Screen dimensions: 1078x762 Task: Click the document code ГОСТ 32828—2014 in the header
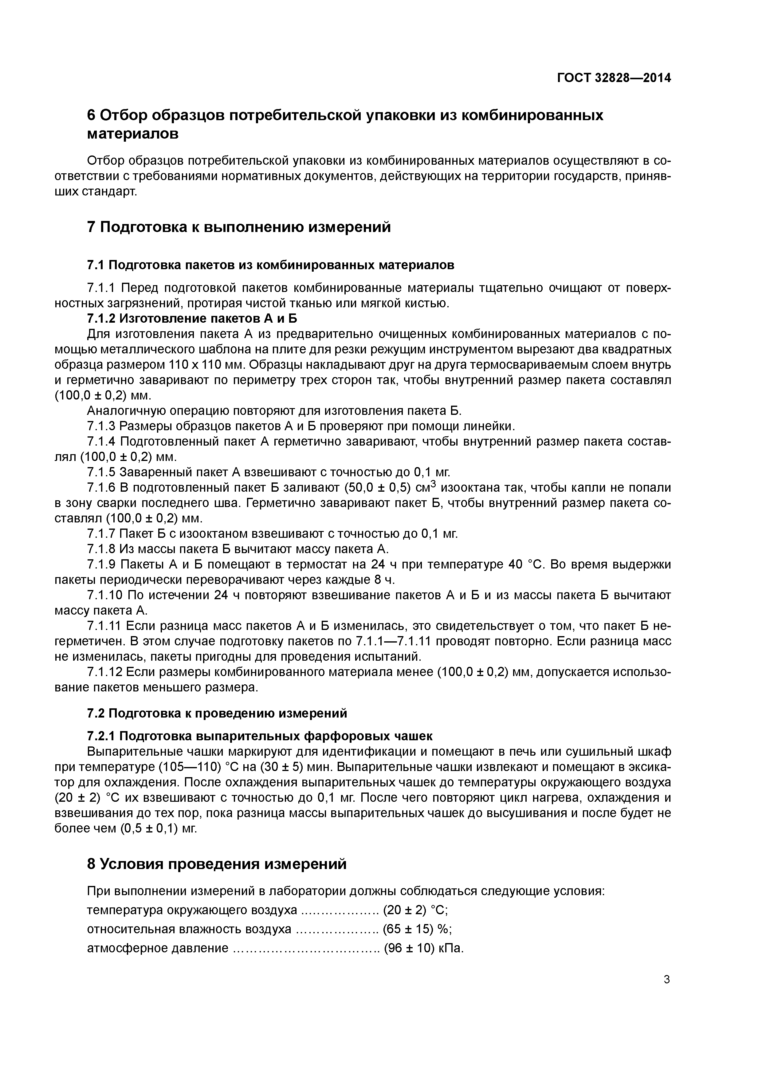[x=614, y=78]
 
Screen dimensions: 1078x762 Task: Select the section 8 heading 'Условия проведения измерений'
[x=217, y=864]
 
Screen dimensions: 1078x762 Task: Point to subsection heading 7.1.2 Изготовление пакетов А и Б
[x=192, y=318]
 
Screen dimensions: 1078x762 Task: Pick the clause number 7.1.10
[x=105, y=595]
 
